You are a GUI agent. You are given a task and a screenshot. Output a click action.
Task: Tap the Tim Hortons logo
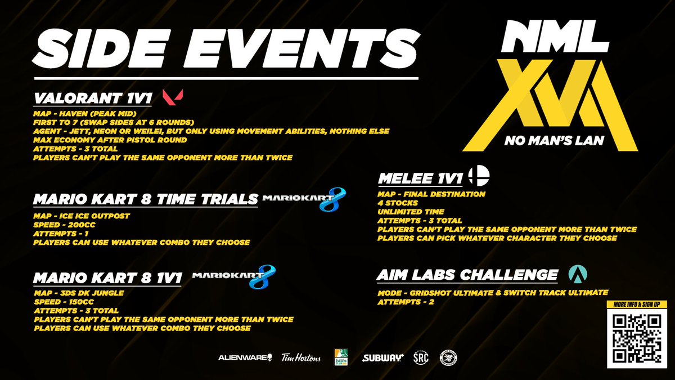point(301,357)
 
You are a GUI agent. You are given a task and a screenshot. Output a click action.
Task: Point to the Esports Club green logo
point(340,357)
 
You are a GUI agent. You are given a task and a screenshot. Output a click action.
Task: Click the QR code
point(636,338)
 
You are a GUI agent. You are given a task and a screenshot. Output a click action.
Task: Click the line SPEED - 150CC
point(66,301)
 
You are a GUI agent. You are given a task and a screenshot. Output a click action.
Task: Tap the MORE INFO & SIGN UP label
point(636,305)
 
